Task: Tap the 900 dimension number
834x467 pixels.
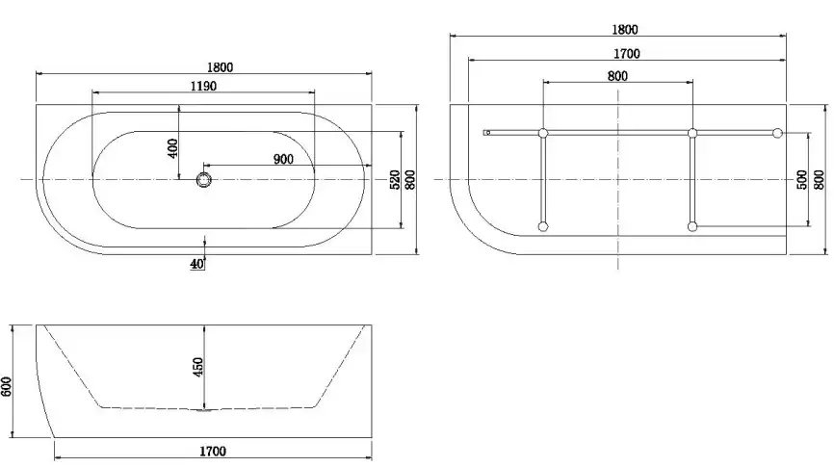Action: pos(282,160)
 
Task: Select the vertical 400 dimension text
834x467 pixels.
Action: pos(173,147)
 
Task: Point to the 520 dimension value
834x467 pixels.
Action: pos(394,179)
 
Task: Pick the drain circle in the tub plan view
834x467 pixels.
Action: pos(203,179)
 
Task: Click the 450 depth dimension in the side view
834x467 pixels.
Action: pos(198,367)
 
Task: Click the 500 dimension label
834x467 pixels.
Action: pos(802,180)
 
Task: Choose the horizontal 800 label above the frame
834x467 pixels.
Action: pos(617,75)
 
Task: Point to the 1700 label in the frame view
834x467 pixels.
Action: pos(625,53)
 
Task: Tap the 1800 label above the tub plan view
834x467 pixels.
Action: pos(221,67)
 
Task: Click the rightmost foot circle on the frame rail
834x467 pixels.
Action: pos(778,132)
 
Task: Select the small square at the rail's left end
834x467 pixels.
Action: pos(487,132)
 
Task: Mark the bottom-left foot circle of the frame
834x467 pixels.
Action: pos(543,227)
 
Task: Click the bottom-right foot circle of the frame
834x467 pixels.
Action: pos(692,227)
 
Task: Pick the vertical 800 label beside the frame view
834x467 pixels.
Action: pos(819,180)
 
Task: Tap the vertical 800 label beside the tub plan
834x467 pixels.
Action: pos(410,179)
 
